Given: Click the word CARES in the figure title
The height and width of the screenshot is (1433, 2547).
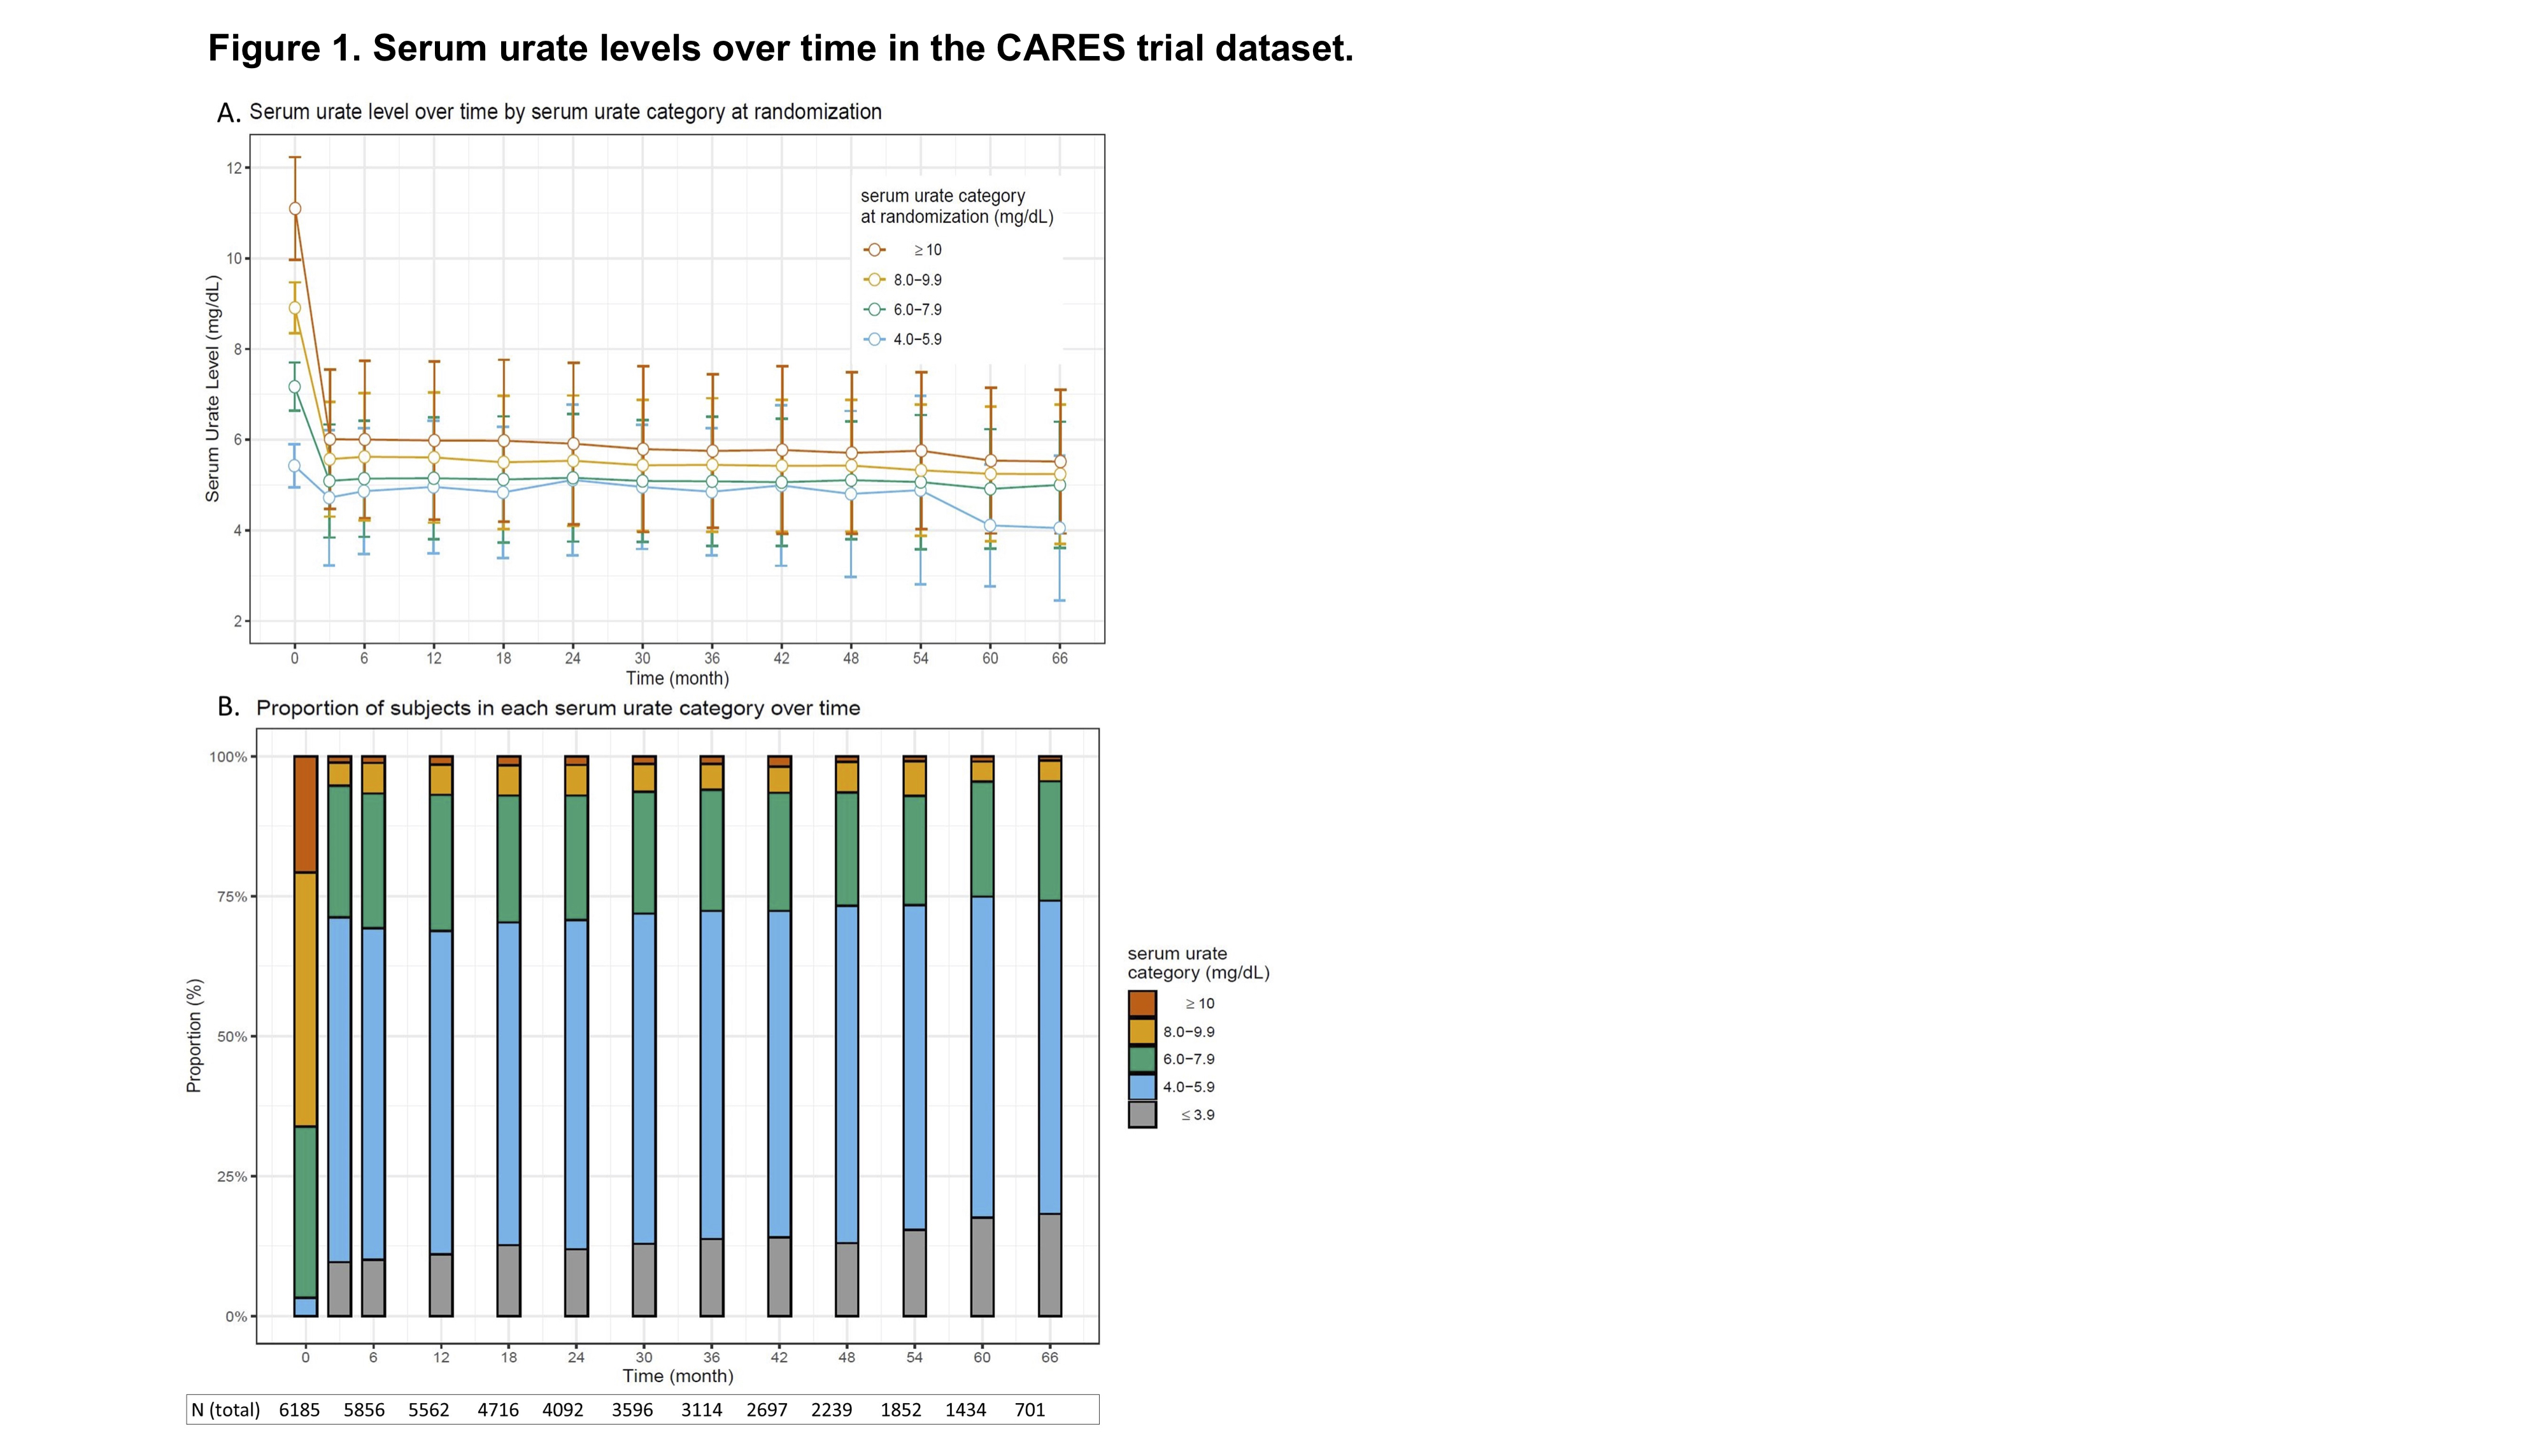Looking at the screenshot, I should [1060, 48].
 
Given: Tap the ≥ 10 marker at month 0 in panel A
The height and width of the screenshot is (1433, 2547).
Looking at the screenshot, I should [295, 209].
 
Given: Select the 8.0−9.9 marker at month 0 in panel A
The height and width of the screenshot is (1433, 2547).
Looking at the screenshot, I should [295, 308].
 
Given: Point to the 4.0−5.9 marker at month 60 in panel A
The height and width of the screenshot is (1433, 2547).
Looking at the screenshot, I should [990, 526].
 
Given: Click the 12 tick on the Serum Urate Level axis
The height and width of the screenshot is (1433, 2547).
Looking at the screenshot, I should [234, 168].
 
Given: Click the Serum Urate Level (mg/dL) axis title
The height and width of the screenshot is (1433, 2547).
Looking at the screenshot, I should [213, 389].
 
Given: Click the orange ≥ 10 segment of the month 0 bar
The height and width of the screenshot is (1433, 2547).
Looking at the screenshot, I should [306, 814].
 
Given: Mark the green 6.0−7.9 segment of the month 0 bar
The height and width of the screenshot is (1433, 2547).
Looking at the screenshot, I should [306, 1211].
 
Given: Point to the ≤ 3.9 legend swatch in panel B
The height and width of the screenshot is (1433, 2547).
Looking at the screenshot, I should [1142, 1115].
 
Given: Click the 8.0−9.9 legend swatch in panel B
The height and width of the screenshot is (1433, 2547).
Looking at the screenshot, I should [1142, 1032].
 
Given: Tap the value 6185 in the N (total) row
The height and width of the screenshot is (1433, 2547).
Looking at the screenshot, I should [299, 1410].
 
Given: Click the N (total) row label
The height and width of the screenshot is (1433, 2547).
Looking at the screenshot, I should [225, 1410].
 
